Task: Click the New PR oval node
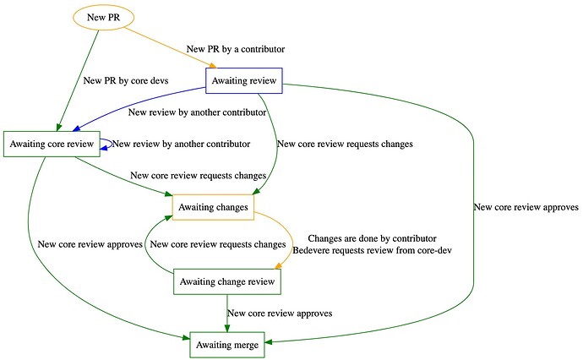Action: [103, 17]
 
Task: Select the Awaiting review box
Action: [244, 80]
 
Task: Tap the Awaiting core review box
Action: [52, 144]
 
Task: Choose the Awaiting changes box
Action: [213, 207]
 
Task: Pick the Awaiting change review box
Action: [227, 281]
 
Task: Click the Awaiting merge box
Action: [227, 345]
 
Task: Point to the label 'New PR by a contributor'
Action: [236, 49]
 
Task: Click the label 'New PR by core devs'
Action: [126, 80]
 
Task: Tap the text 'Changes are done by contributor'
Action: [372, 238]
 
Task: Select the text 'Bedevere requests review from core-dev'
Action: [372, 250]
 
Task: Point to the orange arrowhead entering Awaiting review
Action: [213, 65]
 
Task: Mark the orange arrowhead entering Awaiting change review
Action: [278, 265]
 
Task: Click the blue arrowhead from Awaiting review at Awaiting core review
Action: [76, 128]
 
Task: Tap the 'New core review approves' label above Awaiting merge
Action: [280, 314]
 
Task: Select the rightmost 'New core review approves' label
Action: [526, 207]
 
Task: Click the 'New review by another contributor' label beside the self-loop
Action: [181, 144]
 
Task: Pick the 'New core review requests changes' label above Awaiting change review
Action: [218, 244]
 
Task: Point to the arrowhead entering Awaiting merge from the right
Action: [269, 341]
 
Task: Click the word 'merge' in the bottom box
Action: [244, 345]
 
